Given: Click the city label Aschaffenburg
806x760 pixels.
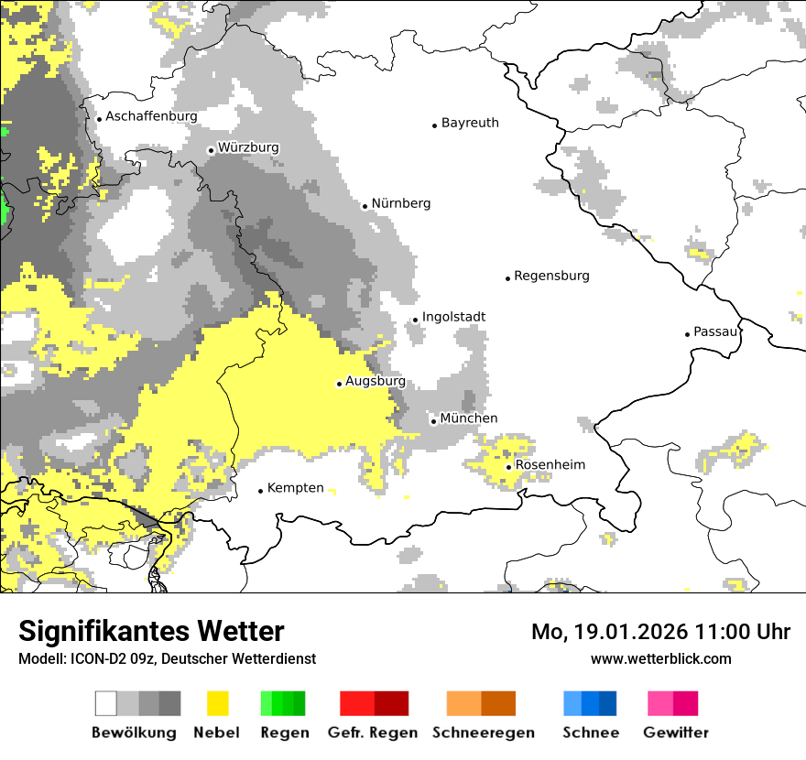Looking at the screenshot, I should [151, 116].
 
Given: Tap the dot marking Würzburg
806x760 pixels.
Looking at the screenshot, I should [211, 150].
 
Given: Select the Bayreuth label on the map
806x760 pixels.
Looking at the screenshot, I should [470, 123].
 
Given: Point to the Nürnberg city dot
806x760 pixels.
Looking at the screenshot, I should [365, 206].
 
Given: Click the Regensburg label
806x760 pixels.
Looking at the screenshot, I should [551, 276].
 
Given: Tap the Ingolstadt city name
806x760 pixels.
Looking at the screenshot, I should [453, 317].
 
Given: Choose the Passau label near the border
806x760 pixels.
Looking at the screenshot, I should [715, 331].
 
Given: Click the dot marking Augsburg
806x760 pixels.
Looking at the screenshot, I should [339, 384].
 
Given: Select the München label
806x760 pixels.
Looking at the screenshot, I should [469, 418].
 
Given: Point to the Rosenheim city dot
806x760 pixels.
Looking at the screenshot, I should [508, 467].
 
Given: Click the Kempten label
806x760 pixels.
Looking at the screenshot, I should [295, 488].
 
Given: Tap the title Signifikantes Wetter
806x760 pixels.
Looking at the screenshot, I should [151, 632].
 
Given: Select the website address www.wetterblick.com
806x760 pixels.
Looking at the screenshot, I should [661, 658].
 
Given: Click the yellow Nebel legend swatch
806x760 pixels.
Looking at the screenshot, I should [217, 703].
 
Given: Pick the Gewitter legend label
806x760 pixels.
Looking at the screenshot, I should [675, 733].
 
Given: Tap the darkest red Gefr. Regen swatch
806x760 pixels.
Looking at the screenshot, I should [392, 703].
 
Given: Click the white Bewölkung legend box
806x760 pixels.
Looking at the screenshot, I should [106, 703].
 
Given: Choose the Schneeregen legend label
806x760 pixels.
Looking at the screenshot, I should [484, 733].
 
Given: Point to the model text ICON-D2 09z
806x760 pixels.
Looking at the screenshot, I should [99, 658].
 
